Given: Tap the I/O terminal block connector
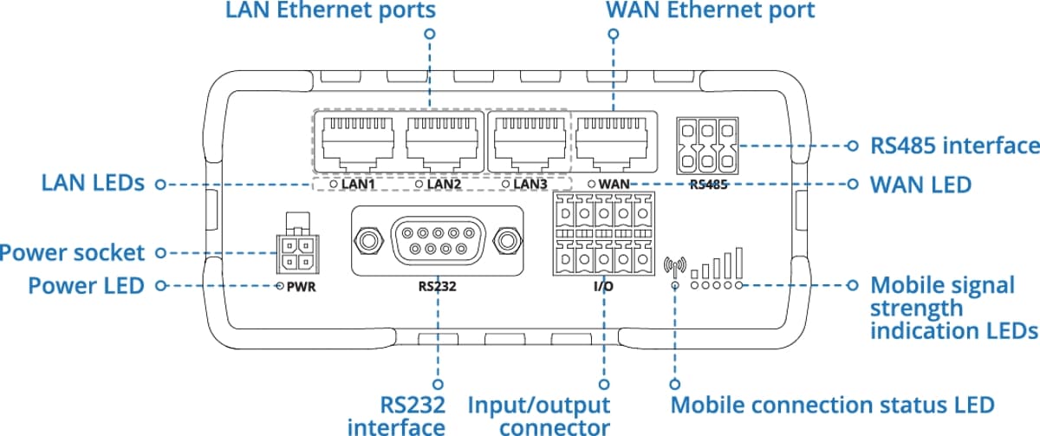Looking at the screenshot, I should pos(601,233).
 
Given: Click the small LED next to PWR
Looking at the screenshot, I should pos(280,285).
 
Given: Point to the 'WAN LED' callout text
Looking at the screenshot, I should pos(920,185).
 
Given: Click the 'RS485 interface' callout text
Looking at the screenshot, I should pos(954,145).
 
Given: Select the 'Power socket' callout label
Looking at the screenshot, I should pos(73,253).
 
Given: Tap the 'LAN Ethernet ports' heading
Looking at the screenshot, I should pos(330,11).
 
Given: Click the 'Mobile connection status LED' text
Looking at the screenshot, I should pos(833,405).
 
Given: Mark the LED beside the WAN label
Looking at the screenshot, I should pos(591,184).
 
